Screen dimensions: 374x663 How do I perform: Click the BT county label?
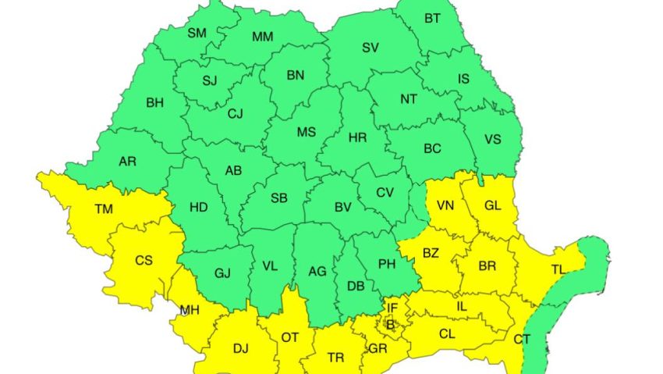[x=431, y=18]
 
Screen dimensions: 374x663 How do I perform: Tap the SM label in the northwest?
[x=197, y=33]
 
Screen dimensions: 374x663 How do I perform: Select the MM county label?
[x=263, y=37]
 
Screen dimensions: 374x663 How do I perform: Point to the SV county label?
[x=370, y=48]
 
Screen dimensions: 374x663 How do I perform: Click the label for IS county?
[x=463, y=78]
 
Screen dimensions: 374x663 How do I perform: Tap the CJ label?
[x=235, y=114]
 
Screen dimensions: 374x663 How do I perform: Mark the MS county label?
[x=306, y=133]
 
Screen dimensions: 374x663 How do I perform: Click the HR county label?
[x=357, y=137]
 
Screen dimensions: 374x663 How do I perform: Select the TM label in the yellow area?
[x=103, y=209]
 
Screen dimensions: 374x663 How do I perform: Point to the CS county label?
[x=144, y=260]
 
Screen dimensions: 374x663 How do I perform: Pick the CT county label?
[x=522, y=338]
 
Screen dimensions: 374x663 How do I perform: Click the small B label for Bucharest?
[x=390, y=324]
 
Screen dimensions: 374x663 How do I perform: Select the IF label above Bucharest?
[x=392, y=309]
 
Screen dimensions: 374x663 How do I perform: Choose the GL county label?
[x=492, y=205]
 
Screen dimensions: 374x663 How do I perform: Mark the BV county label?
[x=342, y=208]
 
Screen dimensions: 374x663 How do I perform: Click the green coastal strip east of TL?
[x=597, y=258]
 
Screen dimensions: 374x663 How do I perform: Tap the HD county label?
[x=199, y=208]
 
